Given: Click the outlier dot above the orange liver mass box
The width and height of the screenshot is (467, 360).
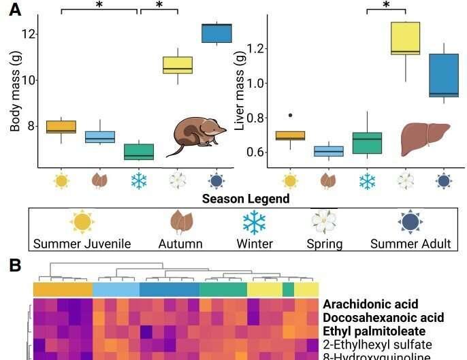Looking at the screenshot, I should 291,116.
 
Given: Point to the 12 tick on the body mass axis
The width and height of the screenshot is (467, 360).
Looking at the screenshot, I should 23,33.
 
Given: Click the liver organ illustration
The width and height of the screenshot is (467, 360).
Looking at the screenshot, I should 424,138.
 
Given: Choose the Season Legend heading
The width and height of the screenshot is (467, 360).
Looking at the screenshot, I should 246,199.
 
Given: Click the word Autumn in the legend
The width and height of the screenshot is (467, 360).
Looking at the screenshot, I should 180,244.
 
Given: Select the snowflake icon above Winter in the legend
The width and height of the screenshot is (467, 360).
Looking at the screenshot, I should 255,223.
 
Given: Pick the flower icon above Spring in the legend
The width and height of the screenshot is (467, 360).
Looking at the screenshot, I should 324,223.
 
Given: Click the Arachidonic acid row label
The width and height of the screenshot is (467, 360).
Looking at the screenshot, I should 370,304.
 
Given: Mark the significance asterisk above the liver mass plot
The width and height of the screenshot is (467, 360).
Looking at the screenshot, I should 386,5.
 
